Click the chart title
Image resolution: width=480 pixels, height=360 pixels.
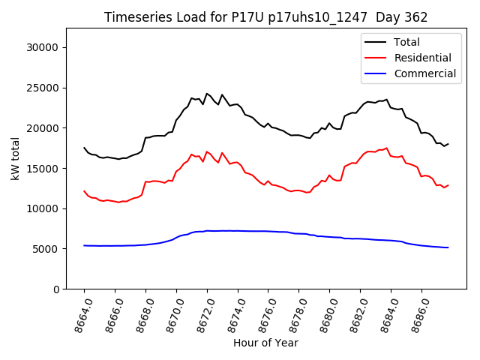coord(265,17)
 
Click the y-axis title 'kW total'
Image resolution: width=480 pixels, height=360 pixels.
coord(15,158)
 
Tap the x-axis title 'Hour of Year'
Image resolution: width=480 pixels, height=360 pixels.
coord(265,343)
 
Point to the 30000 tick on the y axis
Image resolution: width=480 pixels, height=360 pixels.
coord(43,47)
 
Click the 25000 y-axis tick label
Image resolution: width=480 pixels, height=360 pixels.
coord(43,88)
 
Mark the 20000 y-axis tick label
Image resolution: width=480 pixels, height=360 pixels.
coord(43,128)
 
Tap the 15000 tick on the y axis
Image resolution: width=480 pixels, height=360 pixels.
coord(43,168)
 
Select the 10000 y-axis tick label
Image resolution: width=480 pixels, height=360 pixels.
coord(43,208)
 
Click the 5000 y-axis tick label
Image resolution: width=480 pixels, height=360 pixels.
coord(46,249)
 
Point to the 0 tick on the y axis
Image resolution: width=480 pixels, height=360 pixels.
coord(55,289)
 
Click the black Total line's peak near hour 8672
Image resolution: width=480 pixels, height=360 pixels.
coord(207,94)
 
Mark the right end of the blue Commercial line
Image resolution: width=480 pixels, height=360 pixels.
coord(448,247)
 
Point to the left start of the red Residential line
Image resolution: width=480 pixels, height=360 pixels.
coord(84,191)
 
